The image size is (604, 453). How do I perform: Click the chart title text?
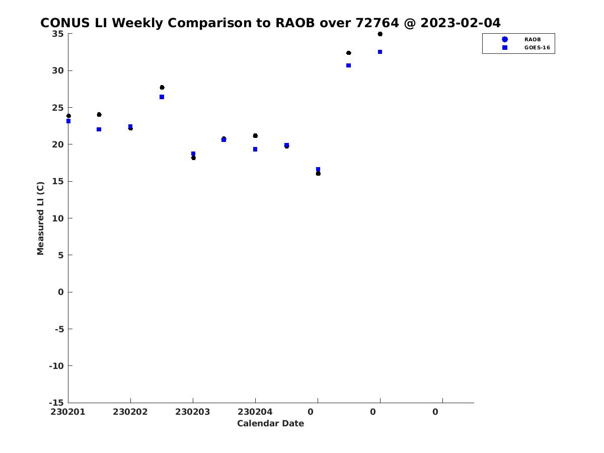(x=270, y=23)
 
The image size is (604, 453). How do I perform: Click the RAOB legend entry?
(x=521, y=39)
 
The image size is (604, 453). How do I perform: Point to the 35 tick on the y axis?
(x=57, y=34)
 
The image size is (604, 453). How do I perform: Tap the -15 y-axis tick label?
(x=56, y=403)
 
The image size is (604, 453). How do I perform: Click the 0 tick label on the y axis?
(x=60, y=292)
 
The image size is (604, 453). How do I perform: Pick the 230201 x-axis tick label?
(x=67, y=412)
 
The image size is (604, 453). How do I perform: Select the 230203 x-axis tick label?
(x=193, y=412)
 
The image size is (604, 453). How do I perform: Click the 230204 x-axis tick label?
(x=255, y=412)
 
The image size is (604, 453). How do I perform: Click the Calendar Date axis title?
(x=270, y=423)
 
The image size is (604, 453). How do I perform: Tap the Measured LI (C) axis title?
(x=40, y=218)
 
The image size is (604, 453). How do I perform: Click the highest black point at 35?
(x=380, y=34)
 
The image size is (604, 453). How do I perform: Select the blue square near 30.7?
(x=348, y=65)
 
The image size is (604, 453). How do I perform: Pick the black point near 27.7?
(x=162, y=88)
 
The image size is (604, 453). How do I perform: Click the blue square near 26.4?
(x=162, y=97)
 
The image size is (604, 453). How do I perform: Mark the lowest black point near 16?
(x=318, y=174)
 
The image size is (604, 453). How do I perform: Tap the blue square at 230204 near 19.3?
(x=255, y=149)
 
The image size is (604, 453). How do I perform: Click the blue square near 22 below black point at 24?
(x=99, y=129)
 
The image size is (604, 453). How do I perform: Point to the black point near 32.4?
(x=349, y=53)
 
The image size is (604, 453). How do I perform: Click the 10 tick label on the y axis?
(x=58, y=218)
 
